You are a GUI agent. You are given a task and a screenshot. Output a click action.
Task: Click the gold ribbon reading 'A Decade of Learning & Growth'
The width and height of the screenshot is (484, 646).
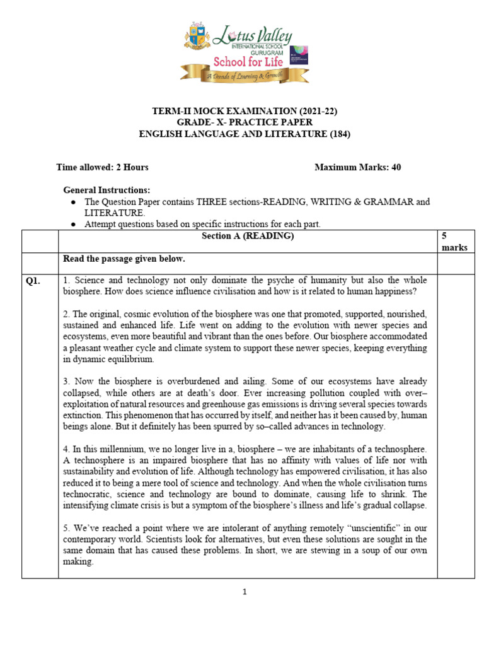coord(245,76)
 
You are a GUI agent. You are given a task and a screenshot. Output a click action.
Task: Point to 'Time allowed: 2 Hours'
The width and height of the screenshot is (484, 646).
coord(102,167)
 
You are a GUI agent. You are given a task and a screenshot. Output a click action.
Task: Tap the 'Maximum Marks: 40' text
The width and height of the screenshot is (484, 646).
coord(357,167)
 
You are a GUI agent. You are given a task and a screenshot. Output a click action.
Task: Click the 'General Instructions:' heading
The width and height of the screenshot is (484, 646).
coord(107,190)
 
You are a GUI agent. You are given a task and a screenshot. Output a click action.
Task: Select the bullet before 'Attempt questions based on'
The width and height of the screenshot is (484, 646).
coord(74,224)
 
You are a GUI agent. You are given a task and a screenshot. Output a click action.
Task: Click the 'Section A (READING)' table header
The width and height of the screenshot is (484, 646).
coord(247,236)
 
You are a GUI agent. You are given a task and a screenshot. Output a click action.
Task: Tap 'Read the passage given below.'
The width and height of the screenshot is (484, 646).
coord(124,259)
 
